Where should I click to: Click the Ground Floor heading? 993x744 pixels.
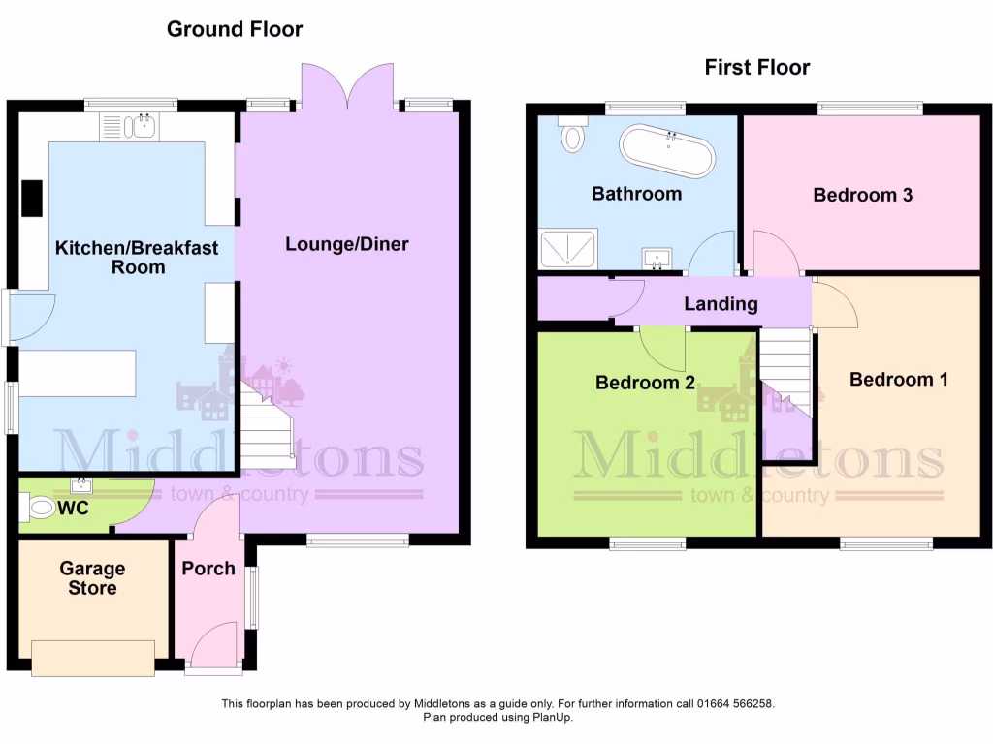point(235,29)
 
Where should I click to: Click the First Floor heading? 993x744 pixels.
point(756,67)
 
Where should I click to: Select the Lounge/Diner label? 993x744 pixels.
point(346,244)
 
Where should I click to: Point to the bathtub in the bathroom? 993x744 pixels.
point(668,151)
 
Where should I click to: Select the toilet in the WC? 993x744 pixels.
point(40,507)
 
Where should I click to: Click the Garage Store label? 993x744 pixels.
point(92,578)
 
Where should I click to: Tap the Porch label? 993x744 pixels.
point(208,569)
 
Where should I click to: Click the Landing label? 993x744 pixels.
point(721,304)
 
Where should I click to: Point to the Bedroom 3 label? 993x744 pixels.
point(862,195)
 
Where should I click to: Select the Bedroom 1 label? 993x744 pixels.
point(898,379)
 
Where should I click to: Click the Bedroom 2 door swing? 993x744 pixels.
point(662,344)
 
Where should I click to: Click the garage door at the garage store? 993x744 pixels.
point(92,658)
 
